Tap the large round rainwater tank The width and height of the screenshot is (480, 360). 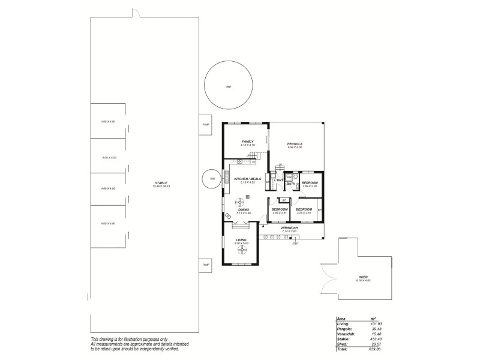[x=229, y=87]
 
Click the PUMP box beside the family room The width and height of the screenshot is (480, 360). [x=205, y=125]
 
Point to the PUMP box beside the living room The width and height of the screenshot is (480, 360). [x=205, y=265]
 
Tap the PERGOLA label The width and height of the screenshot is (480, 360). [x=295, y=144]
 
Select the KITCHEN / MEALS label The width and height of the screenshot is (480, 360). [x=247, y=179]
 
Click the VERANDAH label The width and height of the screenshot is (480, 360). [x=290, y=227]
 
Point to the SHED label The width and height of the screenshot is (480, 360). [x=363, y=277]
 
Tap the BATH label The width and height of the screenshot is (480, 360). [x=291, y=184]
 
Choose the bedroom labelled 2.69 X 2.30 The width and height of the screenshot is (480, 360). [x=309, y=184]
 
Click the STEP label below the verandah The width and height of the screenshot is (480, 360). [x=295, y=244]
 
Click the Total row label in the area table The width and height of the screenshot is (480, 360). [x=342, y=349]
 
